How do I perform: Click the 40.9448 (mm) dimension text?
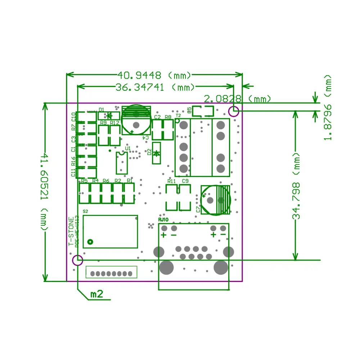pyautogui.click(x=154, y=75)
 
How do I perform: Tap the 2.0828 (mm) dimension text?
pyautogui.click(x=238, y=98)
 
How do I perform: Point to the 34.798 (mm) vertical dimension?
pyautogui.click(x=296, y=186)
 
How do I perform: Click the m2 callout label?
pyautogui.click(x=96, y=294)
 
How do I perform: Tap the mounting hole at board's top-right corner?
pyautogui.click(x=234, y=111)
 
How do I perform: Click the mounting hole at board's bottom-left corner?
pyautogui.click(x=78, y=260)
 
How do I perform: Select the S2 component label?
pyautogui.click(x=85, y=211)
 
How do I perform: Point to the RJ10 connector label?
pyautogui.click(x=163, y=220)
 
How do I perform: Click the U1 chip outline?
pyautogui.click(x=121, y=163)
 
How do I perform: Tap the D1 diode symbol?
pyautogui.click(x=109, y=116)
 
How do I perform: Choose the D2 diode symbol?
pyautogui.click(x=156, y=153)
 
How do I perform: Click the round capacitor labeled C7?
pyautogui.click(x=215, y=200)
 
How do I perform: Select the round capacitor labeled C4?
pyautogui.click(x=136, y=120)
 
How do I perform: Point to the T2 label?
pyautogui.click(x=178, y=116)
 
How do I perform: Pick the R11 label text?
pyautogui.click(x=171, y=181)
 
